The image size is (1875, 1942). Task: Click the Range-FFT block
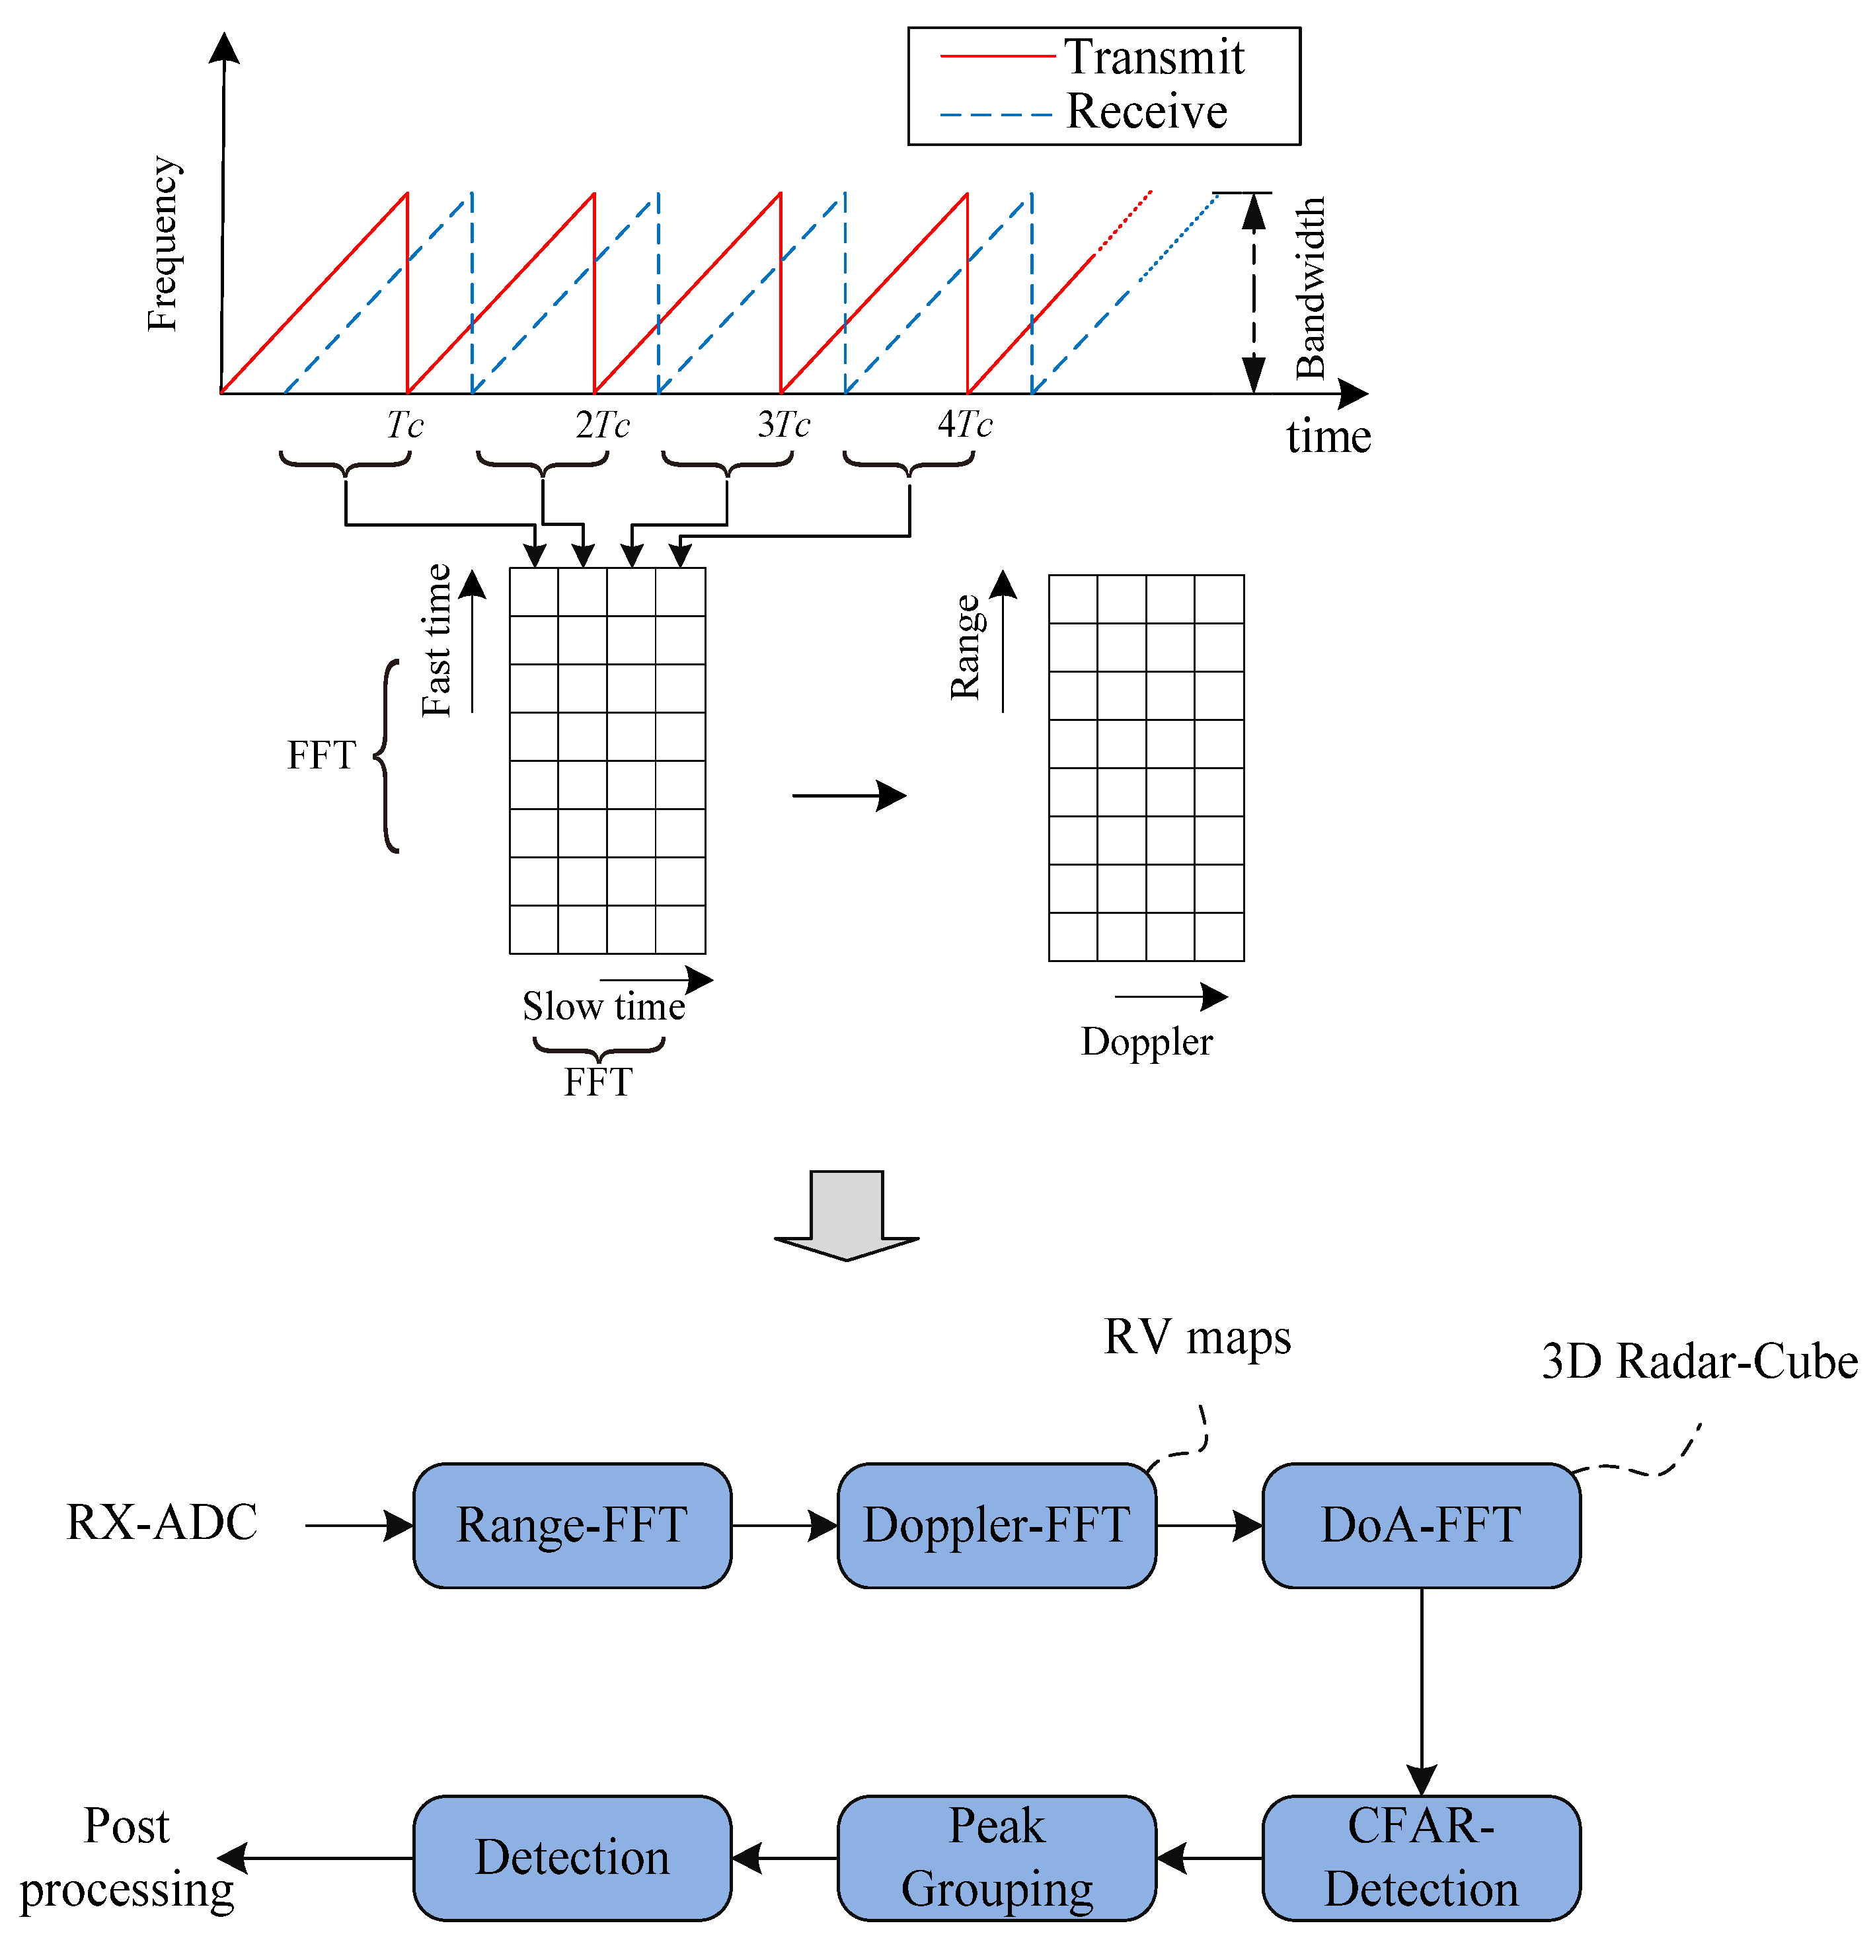[x=572, y=1525]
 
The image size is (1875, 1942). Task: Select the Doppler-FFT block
[x=996, y=1525]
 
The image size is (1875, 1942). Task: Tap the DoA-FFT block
[x=1420, y=1525]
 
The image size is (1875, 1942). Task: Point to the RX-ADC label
[x=161, y=1523]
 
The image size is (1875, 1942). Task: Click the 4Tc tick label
[x=964, y=425]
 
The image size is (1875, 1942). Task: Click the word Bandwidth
[x=1310, y=287]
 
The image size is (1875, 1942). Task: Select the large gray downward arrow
[x=847, y=1214]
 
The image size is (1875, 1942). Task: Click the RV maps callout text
[x=1197, y=1337]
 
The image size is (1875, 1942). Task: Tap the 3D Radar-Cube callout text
[x=1699, y=1361]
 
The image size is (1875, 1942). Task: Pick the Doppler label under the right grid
[x=1147, y=1041]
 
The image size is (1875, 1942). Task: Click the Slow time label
[x=603, y=1006]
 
